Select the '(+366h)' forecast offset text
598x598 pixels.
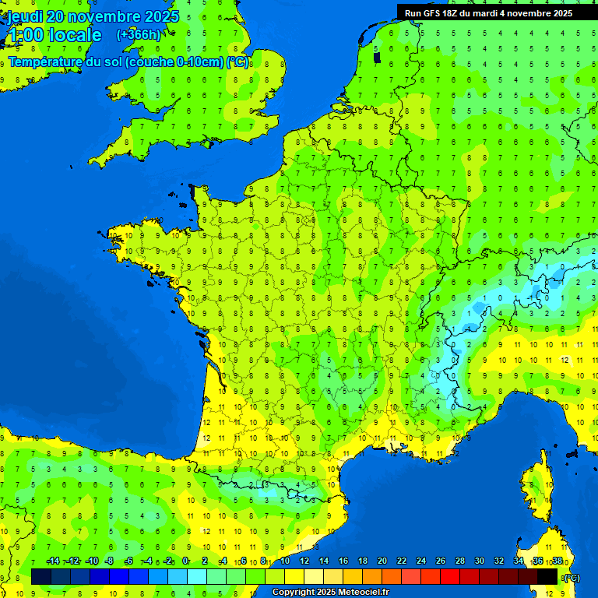tap(139, 35)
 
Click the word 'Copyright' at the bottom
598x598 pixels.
tap(294, 593)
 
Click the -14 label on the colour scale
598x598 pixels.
tap(53, 561)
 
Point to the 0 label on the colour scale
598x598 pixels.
tap(185, 561)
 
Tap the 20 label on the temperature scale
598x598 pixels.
tap(382, 561)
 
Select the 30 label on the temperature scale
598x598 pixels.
tap(480, 561)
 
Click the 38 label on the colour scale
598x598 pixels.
tap(557, 561)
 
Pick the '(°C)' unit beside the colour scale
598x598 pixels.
tap(572, 578)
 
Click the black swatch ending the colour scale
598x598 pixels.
tap(547, 577)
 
